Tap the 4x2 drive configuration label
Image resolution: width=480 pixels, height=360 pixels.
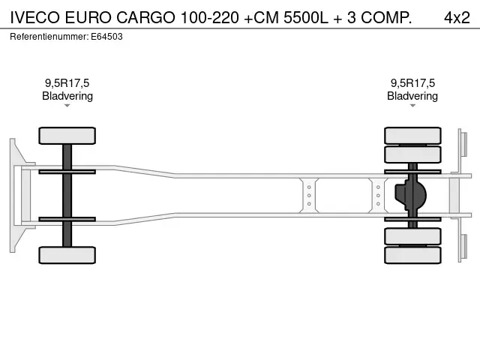pos(457,16)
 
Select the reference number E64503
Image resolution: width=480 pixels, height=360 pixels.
pos(108,36)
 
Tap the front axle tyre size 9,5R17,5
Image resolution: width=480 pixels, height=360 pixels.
pos(67,83)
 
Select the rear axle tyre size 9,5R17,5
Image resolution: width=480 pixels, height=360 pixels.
pos(412,83)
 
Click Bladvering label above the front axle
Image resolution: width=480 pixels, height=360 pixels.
pos(67,96)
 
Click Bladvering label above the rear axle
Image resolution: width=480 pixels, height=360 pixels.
pos(412,96)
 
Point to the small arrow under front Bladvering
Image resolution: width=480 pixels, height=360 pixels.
pos(67,106)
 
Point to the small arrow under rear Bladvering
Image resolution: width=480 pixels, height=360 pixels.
pos(412,106)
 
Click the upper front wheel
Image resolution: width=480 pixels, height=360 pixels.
pos(67,136)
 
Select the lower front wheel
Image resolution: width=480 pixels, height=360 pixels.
pos(67,255)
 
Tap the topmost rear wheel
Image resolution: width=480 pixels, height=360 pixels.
pos(412,136)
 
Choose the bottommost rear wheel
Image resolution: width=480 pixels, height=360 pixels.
pos(412,255)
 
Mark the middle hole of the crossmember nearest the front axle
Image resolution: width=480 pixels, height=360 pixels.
pos(309,195)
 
